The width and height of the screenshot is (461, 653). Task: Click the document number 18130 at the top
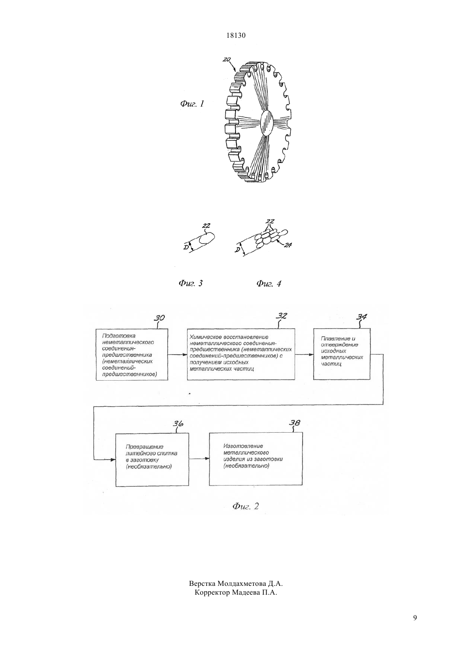236,35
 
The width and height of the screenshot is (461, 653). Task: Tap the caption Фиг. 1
192,104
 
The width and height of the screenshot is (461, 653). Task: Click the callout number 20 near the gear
226,60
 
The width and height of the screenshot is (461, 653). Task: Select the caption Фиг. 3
191,283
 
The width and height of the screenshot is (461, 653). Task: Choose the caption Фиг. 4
269,283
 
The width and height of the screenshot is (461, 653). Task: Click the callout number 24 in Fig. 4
287,245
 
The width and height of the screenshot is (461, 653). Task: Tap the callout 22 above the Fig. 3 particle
206,226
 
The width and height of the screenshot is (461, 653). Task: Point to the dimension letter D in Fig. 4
238,250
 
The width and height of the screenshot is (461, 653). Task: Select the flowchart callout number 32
282,316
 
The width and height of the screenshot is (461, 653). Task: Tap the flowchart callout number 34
362,316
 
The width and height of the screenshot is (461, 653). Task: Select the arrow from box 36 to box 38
199,459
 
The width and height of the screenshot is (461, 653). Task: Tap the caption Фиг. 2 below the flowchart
245,506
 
